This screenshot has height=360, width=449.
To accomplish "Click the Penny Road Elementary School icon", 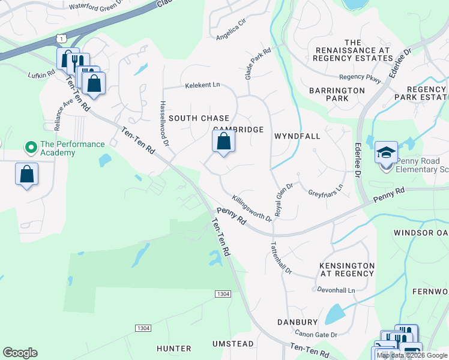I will (x=386, y=153).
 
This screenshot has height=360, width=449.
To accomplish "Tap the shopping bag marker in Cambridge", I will (x=223, y=142).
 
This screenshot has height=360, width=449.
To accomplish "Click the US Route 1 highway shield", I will (x=61, y=38).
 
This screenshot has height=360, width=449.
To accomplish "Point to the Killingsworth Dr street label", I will (x=252, y=208).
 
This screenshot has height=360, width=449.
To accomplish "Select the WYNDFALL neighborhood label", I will (x=297, y=136).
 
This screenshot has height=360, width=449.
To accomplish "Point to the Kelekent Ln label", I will (x=202, y=85).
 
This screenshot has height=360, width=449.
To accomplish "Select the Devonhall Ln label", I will (x=337, y=290).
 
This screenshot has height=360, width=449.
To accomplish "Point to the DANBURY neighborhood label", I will (x=297, y=322).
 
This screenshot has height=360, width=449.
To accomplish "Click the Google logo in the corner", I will (x=20, y=353).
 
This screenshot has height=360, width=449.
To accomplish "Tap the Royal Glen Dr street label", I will (x=283, y=199).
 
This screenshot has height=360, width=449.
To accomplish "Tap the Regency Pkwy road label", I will (x=360, y=77).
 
